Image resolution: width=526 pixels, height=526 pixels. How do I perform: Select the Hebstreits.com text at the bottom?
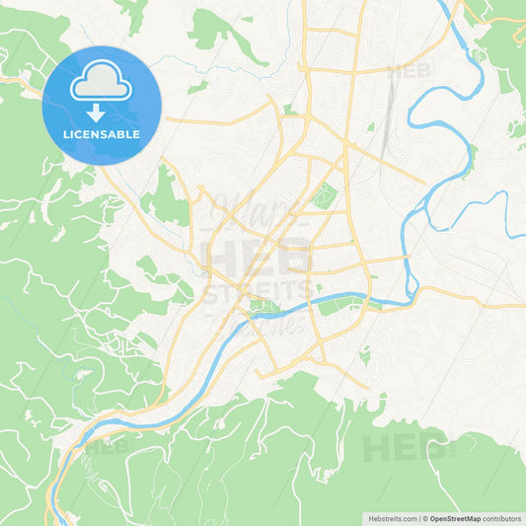tap(390, 517)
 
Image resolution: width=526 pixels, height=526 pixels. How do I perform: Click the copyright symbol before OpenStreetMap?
tap(423, 517)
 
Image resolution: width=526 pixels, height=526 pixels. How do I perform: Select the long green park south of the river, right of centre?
tap(340, 308)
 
